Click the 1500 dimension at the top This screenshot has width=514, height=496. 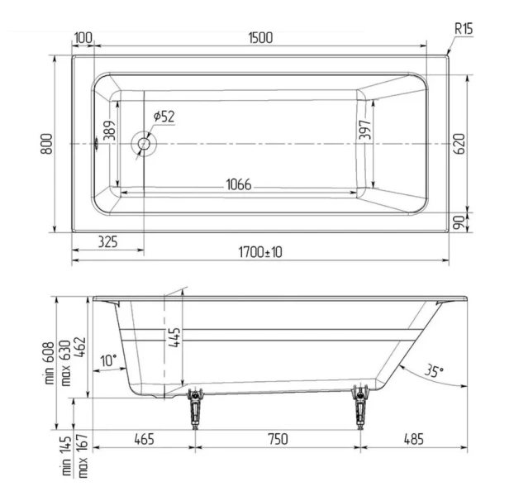(260, 38)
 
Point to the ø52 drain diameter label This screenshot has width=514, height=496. (164, 117)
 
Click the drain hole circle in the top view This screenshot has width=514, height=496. (145, 144)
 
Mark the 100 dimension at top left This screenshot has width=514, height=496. (83, 38)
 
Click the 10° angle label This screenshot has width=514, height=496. (107, 360)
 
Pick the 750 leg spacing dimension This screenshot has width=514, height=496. (278, 439)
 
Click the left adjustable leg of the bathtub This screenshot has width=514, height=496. (196, 406)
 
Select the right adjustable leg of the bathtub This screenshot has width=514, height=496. (360, 406)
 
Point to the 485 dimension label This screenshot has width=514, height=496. (413, 439)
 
